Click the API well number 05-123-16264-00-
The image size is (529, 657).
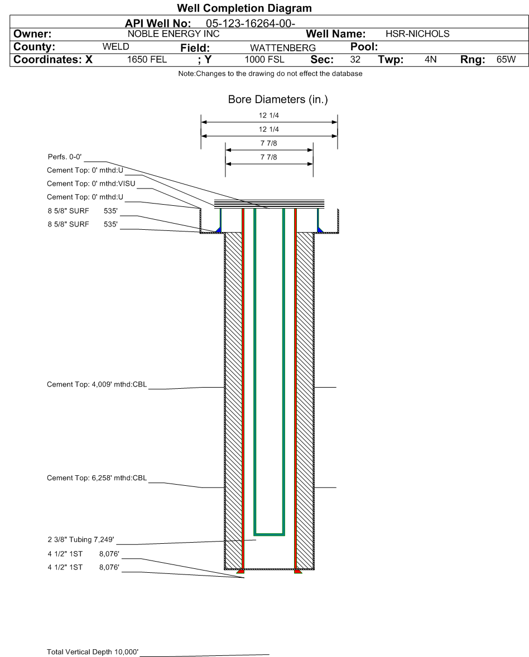[250, 23]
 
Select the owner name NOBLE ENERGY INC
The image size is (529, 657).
[174, 34]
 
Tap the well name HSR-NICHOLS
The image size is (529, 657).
[417, 34]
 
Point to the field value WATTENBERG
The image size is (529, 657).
[283, 48]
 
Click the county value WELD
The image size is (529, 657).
[116, 46]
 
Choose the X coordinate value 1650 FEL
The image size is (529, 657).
[147, 60]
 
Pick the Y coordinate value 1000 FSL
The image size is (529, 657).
[264, 60]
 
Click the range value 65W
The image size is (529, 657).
[506, 60]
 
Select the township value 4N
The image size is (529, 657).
[430, 60]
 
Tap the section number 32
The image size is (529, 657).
[355, 60]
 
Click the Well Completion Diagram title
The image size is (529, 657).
[244, 8]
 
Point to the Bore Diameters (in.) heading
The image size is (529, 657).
[278, 100]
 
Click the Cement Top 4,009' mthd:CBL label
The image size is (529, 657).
[97, 385]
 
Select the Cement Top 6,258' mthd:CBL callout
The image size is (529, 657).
[97, 478]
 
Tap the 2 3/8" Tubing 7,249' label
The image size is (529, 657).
[81, 540]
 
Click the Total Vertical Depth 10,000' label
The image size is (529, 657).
[93, 652]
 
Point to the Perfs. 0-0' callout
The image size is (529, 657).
[65, 157]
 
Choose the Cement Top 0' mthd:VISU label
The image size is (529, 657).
[91, 184]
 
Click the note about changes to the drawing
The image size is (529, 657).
[271, 74]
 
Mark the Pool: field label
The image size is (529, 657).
[364, 46]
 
